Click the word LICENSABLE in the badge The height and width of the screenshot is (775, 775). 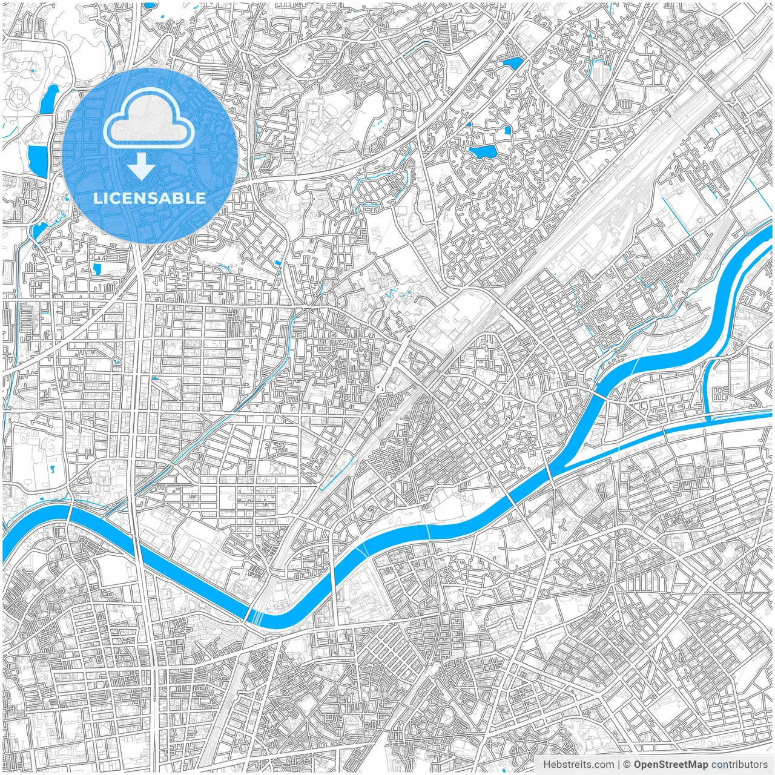[x=150, y=198]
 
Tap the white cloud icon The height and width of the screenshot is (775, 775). [x=149, y=121]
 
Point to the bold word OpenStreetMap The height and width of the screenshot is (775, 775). [x=670, y=765]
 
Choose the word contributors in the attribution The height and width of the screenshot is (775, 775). [x=739, y=765]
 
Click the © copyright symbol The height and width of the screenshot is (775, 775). [x=627, y=765]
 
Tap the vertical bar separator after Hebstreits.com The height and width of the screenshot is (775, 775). [x=619, y=765]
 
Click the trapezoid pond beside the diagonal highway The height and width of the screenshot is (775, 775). [x=512, y=62]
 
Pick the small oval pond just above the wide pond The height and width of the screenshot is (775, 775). [x=507, y=129]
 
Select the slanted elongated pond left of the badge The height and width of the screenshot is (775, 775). [x=48, y=100]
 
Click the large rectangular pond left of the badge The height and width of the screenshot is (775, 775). [x=38, y=160]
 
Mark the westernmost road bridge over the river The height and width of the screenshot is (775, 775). [x=70, y=513]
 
